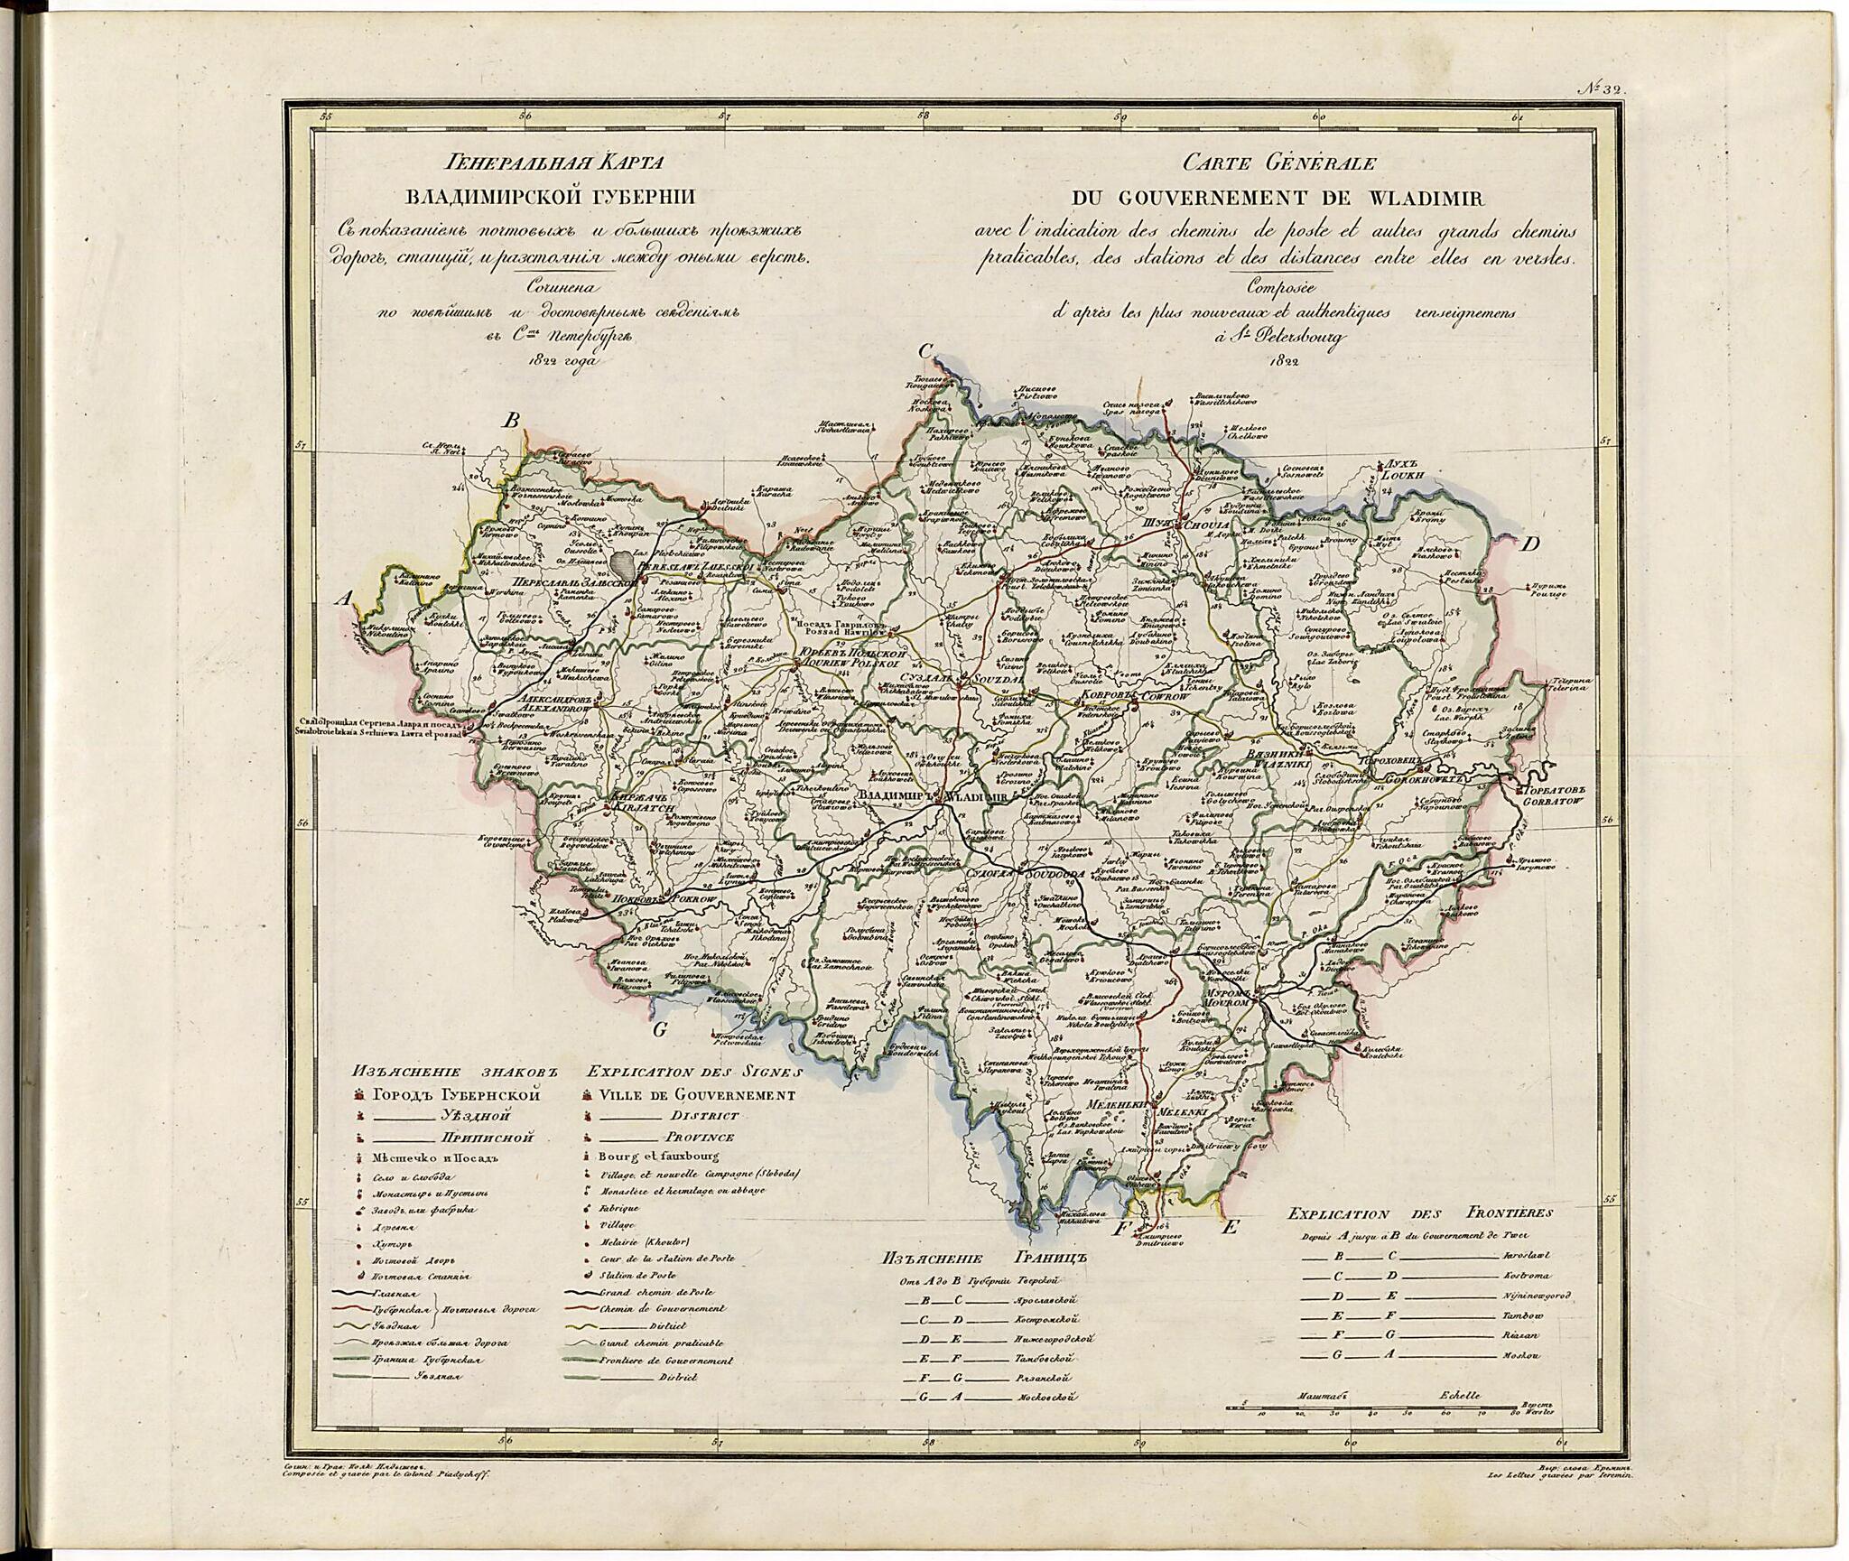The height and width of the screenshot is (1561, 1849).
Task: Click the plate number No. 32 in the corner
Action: (x=1600, y=88)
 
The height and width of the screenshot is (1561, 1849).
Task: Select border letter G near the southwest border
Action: (x=659, y=1032)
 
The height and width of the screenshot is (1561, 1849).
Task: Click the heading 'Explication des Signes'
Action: (x=693, y=1073)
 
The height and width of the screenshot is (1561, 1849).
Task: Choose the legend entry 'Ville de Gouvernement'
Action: (x=695, y=1095)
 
